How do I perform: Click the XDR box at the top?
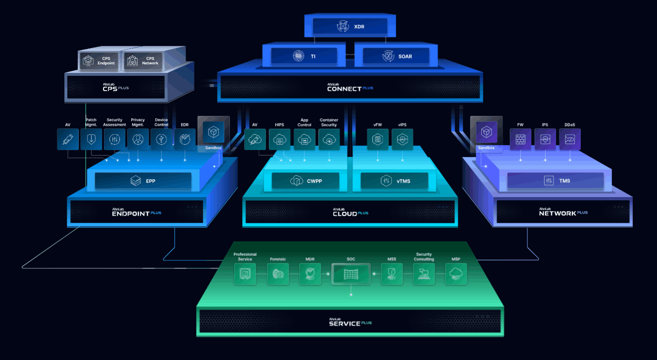point(350,27)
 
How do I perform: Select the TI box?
point(304,56)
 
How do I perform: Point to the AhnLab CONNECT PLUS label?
point(350,87)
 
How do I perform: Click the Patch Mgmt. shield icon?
point(91,139)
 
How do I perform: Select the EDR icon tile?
point(185,139)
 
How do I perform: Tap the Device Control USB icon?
point(161,139)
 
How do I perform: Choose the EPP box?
point(143,181)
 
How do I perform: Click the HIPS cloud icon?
point(279,140)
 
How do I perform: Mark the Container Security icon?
point(329,140)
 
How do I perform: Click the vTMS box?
point(394,181)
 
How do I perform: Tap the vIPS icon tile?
point(402,140)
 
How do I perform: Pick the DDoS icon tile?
point(569,139)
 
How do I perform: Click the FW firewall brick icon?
point(520,139)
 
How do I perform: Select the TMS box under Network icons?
point(556,181)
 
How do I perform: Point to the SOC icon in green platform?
point(351,274)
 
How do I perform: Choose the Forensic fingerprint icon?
point(278,274)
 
